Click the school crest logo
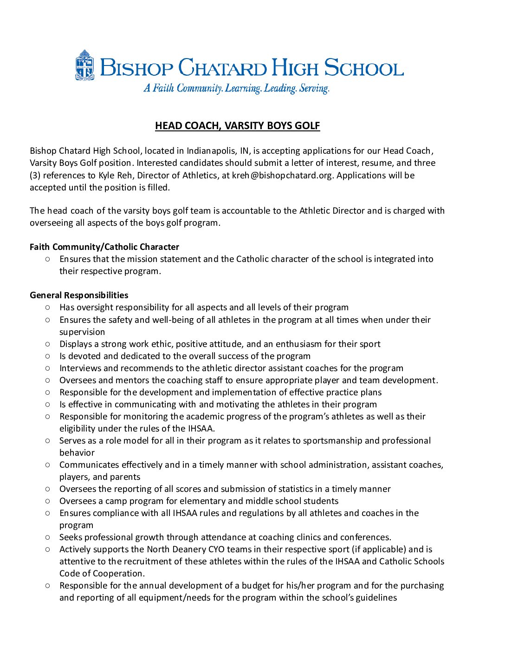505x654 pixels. [85, 65]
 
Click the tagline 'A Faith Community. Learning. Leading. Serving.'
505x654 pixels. [236, 88]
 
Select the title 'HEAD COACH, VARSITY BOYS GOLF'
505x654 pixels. [237, 126]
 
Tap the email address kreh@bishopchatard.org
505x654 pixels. [283, 176]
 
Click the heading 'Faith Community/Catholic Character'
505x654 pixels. [104, 247]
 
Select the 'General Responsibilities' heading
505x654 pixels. [79, 295]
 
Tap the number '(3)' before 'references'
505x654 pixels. [36, 176]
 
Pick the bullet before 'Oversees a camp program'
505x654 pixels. [48, 501]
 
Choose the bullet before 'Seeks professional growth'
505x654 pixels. [48, 537]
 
